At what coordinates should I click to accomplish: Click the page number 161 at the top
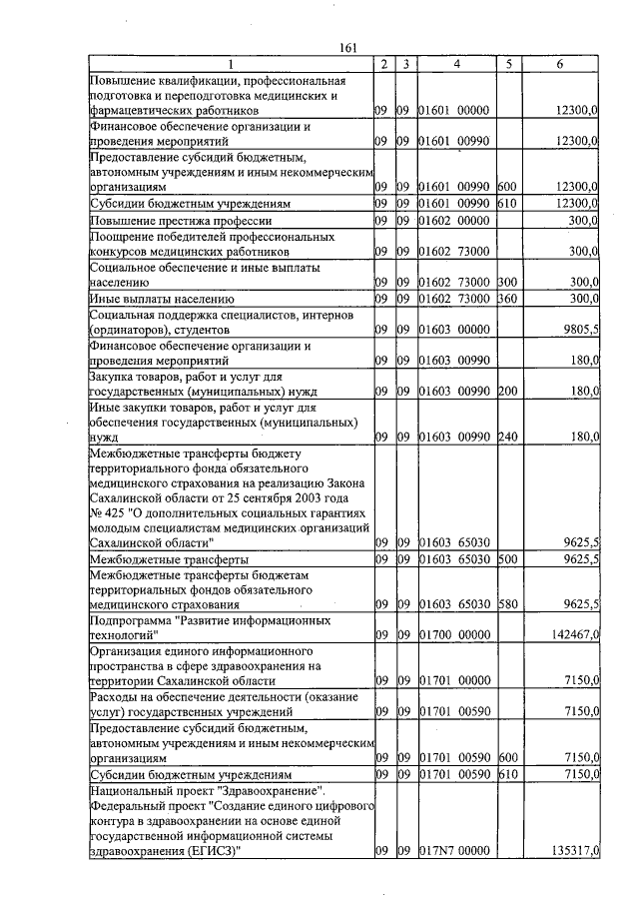tap(348, 47)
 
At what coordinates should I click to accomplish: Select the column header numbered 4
tap(456, 64)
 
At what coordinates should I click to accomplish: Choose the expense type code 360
tap(507, 298)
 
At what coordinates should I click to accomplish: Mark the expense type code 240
tap(507, 436)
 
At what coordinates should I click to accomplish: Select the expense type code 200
tap(507, 392)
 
